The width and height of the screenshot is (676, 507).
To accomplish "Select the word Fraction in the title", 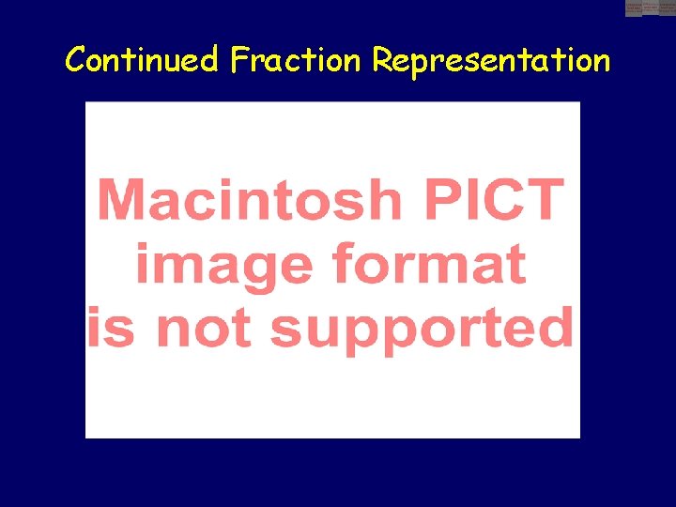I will [295, 60].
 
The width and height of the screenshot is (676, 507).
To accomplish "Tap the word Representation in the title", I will [490, 60].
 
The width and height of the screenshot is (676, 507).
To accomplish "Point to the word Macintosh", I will [250, 199].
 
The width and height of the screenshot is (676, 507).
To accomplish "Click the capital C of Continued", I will [75, 60].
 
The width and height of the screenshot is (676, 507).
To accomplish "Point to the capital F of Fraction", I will [238, 60].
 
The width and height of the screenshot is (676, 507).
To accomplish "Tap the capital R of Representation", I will [382, 60].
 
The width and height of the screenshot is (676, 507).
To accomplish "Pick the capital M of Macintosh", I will [120, 199].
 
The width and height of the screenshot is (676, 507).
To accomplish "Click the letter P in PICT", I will [440, 199].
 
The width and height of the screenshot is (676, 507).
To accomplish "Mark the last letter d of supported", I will [554, 327].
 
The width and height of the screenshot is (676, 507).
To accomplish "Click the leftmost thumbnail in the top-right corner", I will [634, 8].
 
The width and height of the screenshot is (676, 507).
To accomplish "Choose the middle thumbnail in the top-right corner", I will [651, 8].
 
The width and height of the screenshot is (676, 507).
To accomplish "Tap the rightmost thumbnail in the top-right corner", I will [667, 8].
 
